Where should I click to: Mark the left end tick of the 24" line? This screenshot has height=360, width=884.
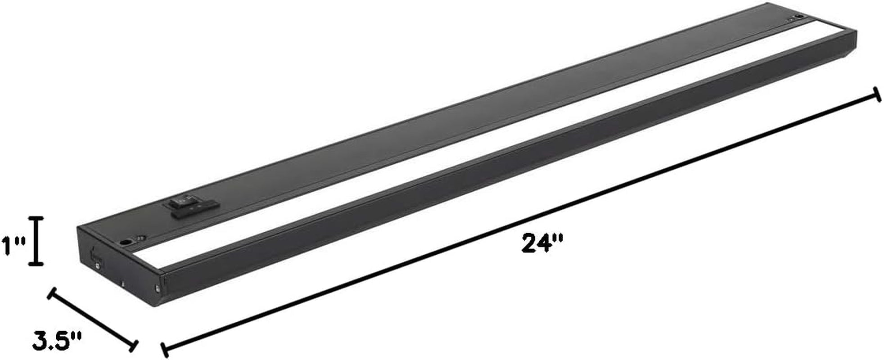click(x=165, y=349)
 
